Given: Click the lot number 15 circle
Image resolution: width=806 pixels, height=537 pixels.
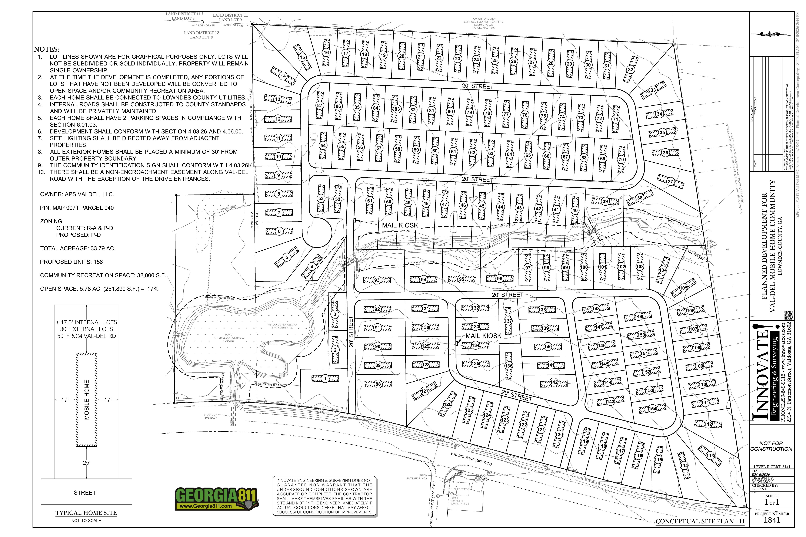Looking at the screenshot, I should [302, 57].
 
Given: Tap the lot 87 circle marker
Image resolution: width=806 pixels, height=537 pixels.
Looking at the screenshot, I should [320, 105].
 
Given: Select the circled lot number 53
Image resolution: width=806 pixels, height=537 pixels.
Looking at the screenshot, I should [321, 199].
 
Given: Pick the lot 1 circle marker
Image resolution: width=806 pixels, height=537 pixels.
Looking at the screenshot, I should [325, 379].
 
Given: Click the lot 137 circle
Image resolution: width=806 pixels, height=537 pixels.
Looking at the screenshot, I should [508, 321].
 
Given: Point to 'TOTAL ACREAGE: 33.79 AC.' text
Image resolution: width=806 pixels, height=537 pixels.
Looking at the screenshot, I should [78, 248].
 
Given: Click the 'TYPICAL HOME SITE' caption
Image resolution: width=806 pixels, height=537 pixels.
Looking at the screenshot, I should [86, 513].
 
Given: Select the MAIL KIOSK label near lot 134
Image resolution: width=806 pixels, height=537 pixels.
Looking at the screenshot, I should [483, 336].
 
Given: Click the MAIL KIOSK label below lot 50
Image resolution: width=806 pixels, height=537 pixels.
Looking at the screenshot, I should [400, 225].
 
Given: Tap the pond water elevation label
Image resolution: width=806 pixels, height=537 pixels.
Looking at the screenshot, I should [229, 338].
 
